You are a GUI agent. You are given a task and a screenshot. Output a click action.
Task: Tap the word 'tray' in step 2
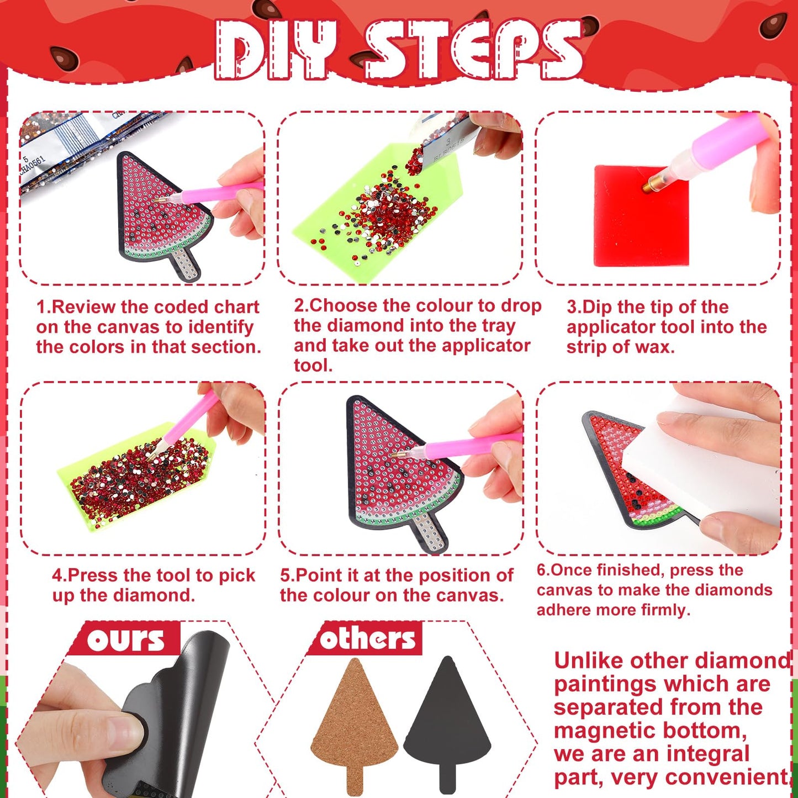click(x=499, y=326)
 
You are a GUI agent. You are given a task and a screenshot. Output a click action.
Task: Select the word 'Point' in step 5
click(x=311, y=575)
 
